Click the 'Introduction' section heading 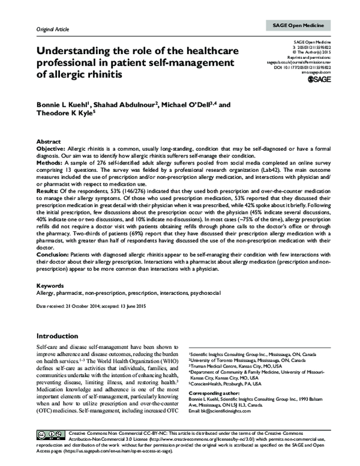(x=62, y=336)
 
